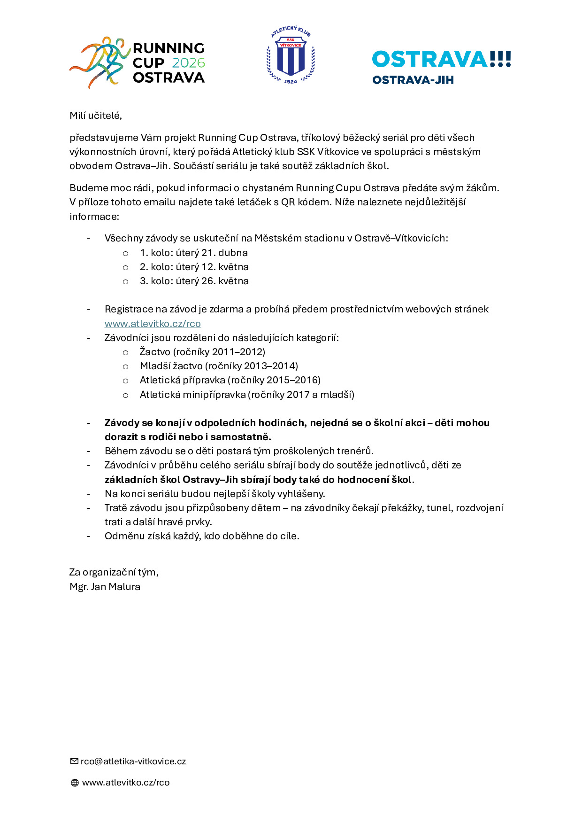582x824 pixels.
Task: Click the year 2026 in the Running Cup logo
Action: tap(188, 63)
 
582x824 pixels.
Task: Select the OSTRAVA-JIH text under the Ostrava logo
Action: tap(413, 80)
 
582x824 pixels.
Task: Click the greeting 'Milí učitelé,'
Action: tap(96, 116)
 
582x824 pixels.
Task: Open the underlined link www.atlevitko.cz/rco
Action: tap(153, 323)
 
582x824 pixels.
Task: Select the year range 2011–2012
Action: tap(238, 352)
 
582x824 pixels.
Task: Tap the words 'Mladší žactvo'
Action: tap(171, 366)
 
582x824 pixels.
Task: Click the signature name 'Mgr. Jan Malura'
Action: tap(105, 587)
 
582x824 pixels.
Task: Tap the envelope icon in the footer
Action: tap(74, 761)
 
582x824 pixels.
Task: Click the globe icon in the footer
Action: tap(75, 783)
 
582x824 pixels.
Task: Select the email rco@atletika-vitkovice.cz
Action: tap(133, 762)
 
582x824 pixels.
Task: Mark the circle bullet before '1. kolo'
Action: tap(125, 253)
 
